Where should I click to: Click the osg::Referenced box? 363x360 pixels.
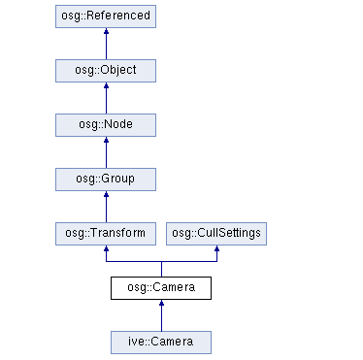point(106,17)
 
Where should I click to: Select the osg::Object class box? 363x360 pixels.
point(106,72)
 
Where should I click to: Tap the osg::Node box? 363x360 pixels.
point(106,126)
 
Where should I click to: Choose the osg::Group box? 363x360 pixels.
point(106,180)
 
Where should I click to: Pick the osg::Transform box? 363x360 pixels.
point(106,233)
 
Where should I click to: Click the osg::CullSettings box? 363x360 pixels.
point(215,233)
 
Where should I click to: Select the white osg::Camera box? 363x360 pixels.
point(161,287)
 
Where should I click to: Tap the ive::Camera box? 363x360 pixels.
point(161,342)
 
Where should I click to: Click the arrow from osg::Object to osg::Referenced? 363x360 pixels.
point(106,45)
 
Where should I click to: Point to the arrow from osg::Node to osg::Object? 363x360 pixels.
point(106,99)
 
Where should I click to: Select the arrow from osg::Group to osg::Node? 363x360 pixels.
point(106,153)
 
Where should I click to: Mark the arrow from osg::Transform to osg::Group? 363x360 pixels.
point(106,207)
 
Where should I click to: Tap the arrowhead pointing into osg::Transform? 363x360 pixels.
point(106,250)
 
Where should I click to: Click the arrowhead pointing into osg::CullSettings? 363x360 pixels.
point(215,250)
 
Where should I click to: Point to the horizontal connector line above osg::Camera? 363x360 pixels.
point(161,262)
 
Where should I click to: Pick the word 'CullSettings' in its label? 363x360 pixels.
point(228,233)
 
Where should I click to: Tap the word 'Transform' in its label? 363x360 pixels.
point(118,233)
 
